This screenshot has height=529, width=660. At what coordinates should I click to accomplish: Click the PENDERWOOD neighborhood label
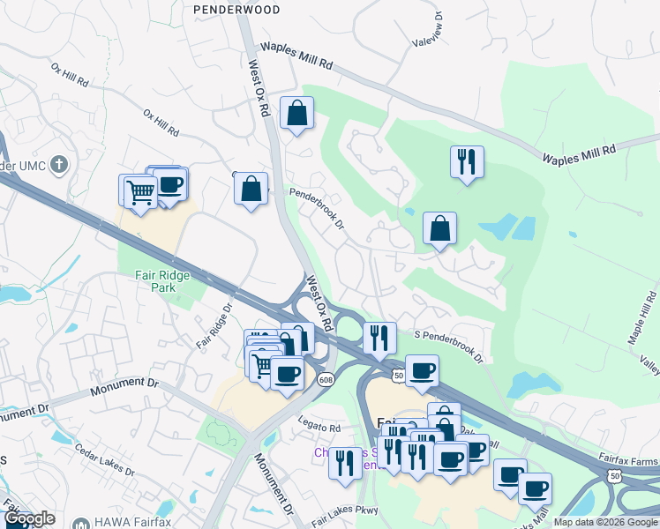[236, 10]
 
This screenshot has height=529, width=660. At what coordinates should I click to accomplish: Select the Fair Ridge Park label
[162, 280]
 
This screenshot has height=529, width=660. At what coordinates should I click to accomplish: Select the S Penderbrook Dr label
[449, 346]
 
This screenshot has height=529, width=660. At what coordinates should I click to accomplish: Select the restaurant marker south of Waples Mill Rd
[466, 162]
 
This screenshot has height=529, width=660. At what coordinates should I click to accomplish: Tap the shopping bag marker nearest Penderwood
[297, 113]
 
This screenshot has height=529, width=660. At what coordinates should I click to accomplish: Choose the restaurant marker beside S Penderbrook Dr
[379, 338]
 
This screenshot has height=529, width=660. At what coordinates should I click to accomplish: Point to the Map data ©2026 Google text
[605, 523]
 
